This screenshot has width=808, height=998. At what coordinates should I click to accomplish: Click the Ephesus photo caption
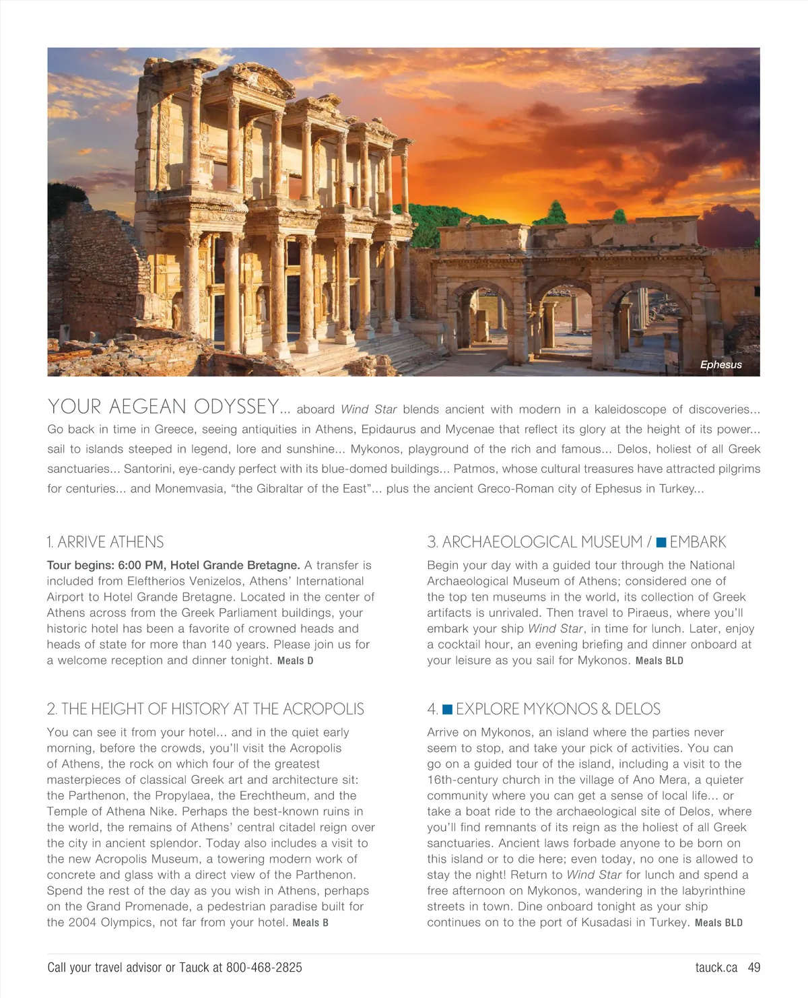pos(720,364)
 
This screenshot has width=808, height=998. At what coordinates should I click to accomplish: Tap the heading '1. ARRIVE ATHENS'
pos(105,542)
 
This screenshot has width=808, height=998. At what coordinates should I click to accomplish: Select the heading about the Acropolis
pos(205,709)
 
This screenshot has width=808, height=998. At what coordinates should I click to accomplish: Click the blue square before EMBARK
pos(661,542)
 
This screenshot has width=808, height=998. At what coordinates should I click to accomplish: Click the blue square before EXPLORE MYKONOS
pos(447,709)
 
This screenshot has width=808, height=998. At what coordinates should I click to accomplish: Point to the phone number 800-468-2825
pos(264,968)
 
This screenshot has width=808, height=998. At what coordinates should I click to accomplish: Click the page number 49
pos(754,968)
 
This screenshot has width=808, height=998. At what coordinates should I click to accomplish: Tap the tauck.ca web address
pos(716,968)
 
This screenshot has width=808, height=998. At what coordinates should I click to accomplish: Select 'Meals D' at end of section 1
pos(296,661)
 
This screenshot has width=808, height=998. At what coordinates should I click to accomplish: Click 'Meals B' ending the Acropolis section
pos(310,923)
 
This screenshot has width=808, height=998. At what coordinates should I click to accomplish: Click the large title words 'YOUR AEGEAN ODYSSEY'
pos(163,407)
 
